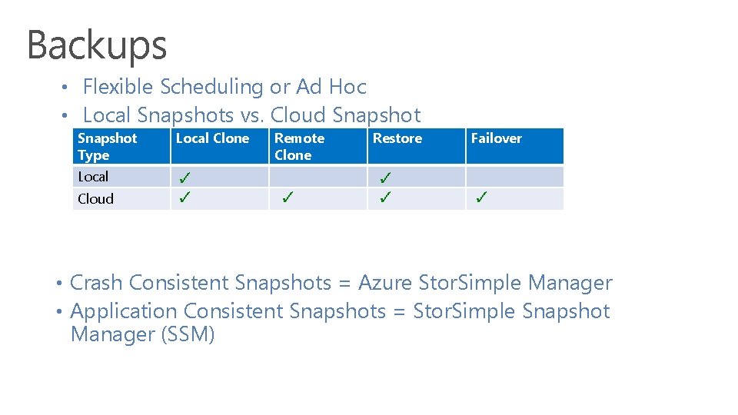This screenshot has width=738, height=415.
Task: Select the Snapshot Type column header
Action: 107,146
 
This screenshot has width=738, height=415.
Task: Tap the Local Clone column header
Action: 212,138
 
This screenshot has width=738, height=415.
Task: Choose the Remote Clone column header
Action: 299,146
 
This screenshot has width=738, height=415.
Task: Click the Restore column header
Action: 397,138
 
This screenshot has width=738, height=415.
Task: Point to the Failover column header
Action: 496,138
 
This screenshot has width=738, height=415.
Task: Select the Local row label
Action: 93,177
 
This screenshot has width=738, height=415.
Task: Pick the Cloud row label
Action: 95,199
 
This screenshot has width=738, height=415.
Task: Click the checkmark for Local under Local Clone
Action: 184,178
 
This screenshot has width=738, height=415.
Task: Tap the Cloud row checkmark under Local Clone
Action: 184,198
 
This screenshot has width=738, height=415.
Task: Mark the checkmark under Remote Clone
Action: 287,198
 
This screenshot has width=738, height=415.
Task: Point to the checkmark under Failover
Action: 480,198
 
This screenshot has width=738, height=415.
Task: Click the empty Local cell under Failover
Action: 514,177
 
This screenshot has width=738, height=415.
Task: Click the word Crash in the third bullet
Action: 97,283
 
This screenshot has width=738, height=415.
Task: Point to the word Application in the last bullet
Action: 123,311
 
